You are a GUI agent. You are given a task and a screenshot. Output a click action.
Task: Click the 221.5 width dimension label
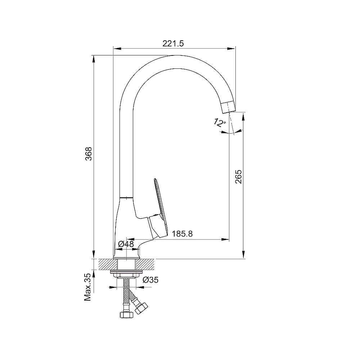(x=173, y=44)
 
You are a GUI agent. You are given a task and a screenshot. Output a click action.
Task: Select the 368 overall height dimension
(x=89, y=154)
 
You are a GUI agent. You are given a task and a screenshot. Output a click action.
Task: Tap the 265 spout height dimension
(x=239, y=176)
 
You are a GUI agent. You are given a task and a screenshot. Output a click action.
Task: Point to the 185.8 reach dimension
(x=182, y=234)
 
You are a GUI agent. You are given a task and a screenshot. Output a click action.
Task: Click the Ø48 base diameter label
(x=126, y=244)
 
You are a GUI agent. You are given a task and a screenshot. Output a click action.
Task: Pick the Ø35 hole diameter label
(x=150, y=280)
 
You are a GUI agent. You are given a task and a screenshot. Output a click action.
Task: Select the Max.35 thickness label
(x=88, y=287)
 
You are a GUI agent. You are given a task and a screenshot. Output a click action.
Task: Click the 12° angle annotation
(x=220, y=122)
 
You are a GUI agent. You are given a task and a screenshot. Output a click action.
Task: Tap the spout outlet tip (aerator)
(x=228, y=107)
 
